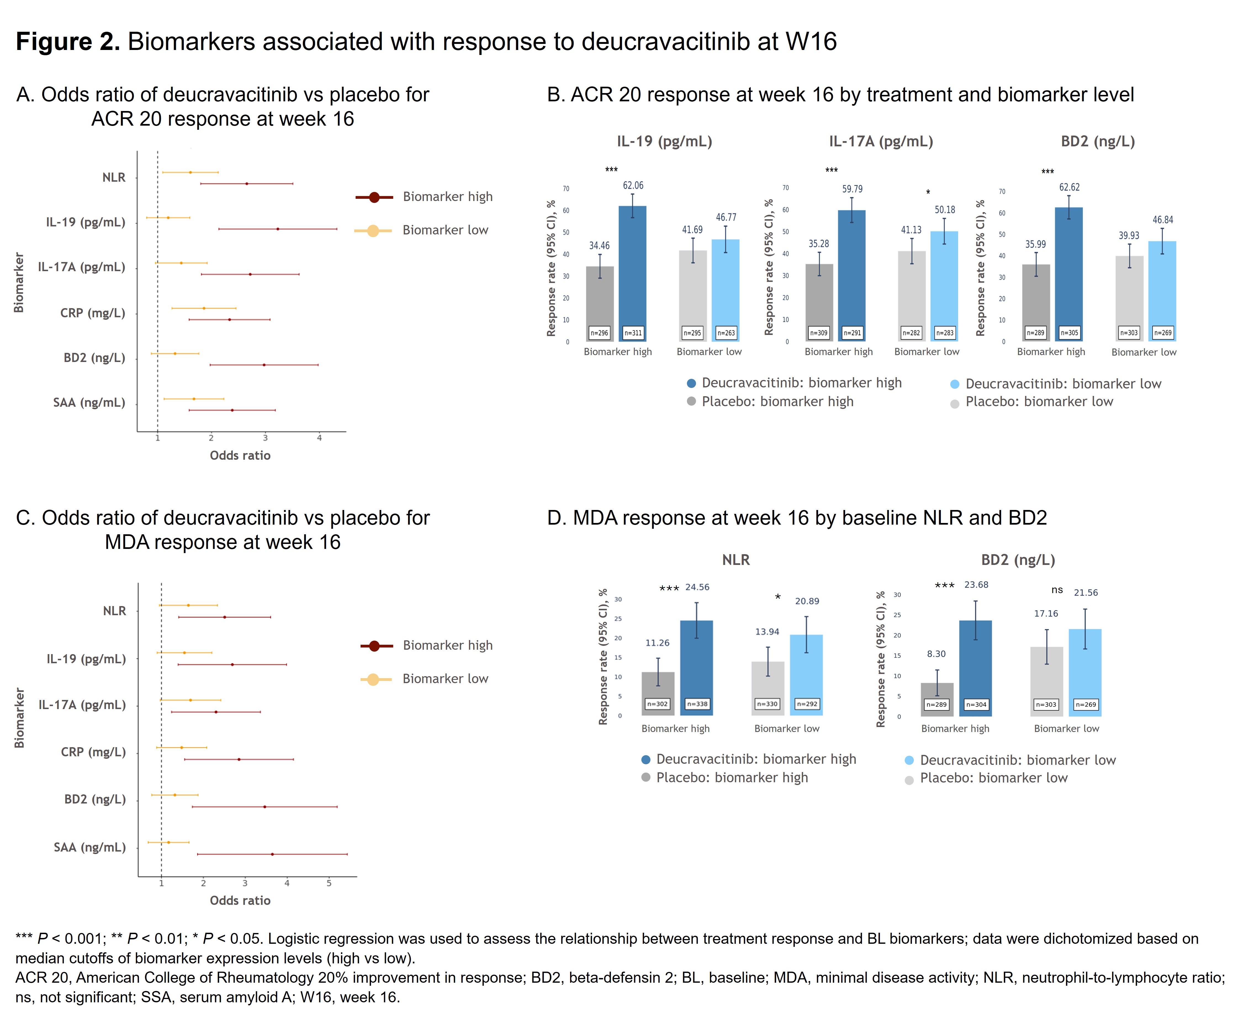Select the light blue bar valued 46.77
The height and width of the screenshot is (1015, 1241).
[726, 287]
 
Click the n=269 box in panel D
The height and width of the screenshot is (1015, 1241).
[1086, 705]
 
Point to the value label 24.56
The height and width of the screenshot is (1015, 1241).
[697, 587]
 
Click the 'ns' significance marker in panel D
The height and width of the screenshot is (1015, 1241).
[1057, 590]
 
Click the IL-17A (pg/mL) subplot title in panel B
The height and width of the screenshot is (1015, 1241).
[881, 141]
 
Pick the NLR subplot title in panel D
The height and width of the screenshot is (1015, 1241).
[735, 560]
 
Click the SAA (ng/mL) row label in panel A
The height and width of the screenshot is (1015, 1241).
[89, 403]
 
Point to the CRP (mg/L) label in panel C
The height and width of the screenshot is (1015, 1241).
[93, 752]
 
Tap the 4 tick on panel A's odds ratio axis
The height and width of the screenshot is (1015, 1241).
[319, 438]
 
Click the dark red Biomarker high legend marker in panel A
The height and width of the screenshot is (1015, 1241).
[374, 197]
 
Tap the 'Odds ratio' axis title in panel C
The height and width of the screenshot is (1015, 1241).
[240, 900]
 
